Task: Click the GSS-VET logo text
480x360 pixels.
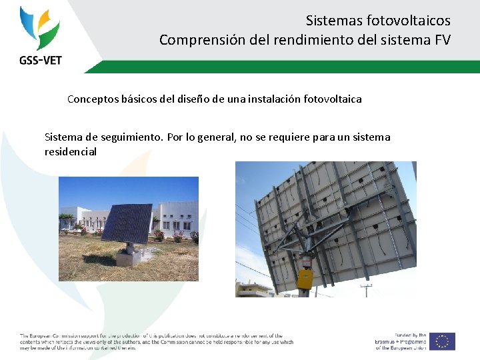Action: pyautogui.click(x=41, y=60)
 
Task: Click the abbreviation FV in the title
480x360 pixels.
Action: pyautogui.click(x=442, y=40)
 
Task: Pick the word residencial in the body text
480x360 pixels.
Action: pyautogui.click(x=71, y=152)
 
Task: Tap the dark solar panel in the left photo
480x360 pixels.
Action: pyautogui.click(x=126, y=224)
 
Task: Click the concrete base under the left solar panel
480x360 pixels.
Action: pyautogui.click(x=128, y=256)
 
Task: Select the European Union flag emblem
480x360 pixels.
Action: pyautogui.click(x=442, y=341)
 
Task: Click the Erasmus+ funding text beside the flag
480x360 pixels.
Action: pyautogui.click(x=400, y=341)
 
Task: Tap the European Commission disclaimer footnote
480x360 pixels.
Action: pyautogui.click(x=156, y=341)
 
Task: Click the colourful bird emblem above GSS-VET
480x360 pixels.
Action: pyautogui.click(x=40, y=28)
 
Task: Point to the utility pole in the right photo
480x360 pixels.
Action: pyautogui.click(x=366, y=290)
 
